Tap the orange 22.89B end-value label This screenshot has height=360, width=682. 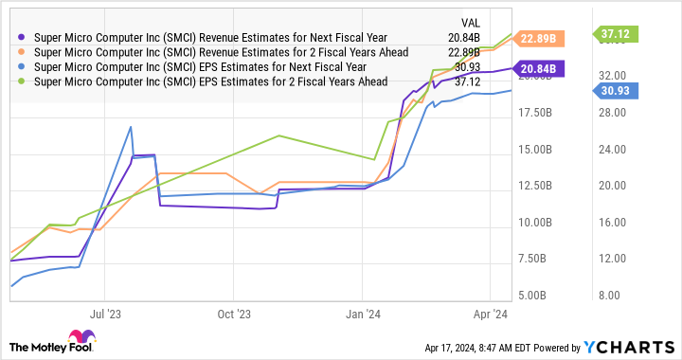coord(547,39)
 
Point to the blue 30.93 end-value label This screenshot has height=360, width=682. coord(619,89)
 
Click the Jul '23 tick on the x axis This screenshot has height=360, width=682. coord(106,312)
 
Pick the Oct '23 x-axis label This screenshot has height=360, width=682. coord(233,312)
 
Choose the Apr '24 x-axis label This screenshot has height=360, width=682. coord(490,312)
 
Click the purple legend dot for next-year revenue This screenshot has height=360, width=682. coord(22,37)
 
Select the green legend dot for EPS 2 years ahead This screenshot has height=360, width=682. coord(22,82)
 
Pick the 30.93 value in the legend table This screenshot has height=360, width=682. coord(467,67)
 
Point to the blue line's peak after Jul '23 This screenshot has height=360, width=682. coord(131,127)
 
